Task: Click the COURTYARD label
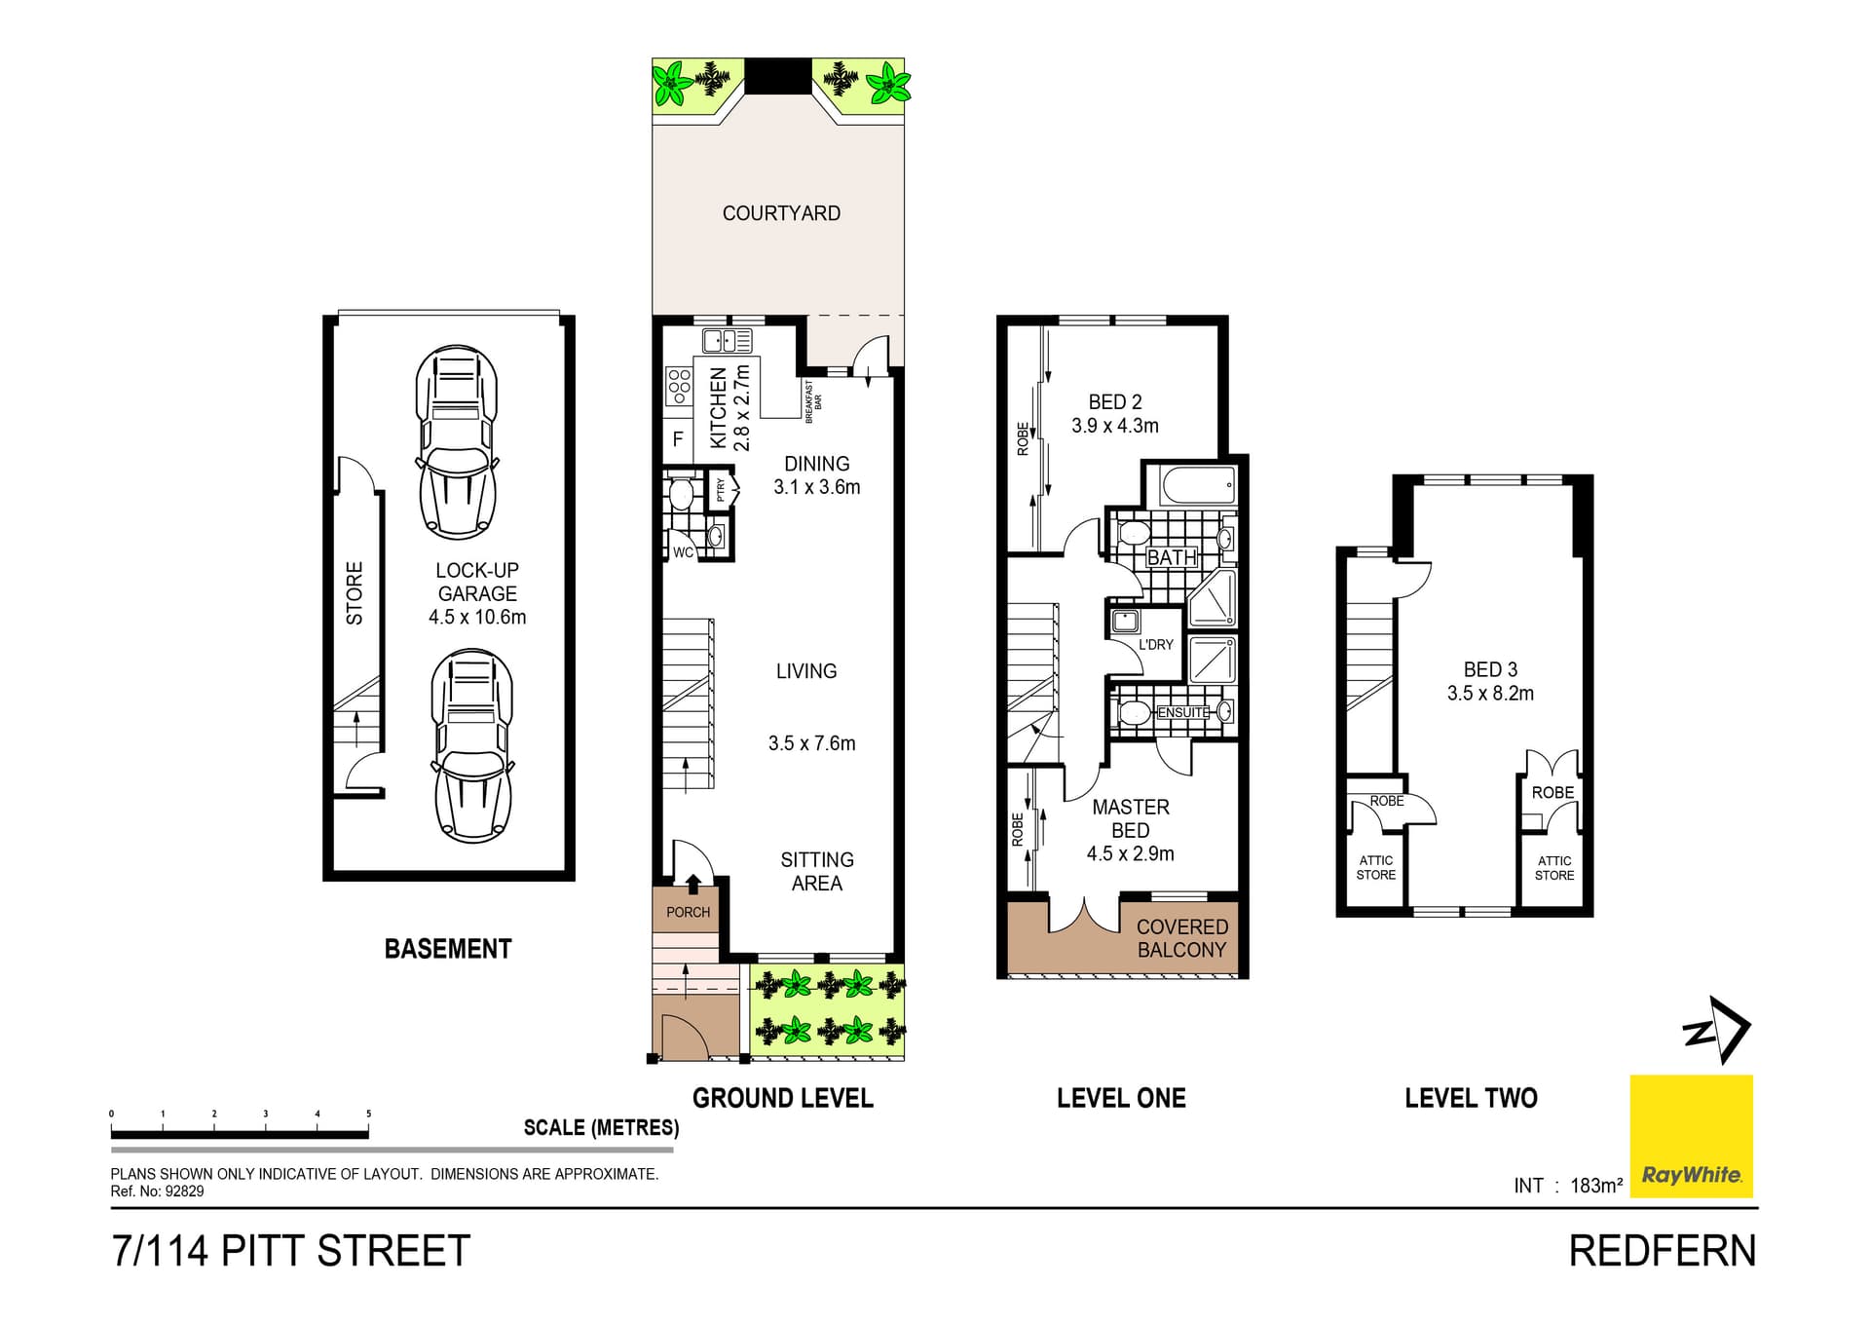[781, 213]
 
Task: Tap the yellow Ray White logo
[1691, 1136]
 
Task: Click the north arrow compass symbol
[1719, 1030]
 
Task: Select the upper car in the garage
[457, 441]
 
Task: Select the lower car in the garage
[472, 746]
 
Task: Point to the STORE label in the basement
[355, 592]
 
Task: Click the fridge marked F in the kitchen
[678, 439]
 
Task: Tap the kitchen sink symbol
[727, 341]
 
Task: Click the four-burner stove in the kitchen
[679, 387]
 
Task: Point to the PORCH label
[688, 912]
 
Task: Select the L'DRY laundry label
[1156, 644]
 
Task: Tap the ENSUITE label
[1182, 712]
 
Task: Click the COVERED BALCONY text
[1181, 938]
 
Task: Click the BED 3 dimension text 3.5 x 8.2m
[1489, 694]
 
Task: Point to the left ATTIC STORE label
[1375, 867]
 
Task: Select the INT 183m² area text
[1567, 1186]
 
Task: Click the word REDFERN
[1662, 1251]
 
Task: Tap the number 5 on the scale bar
[368, 1114]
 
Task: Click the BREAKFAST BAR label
[812, 401]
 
